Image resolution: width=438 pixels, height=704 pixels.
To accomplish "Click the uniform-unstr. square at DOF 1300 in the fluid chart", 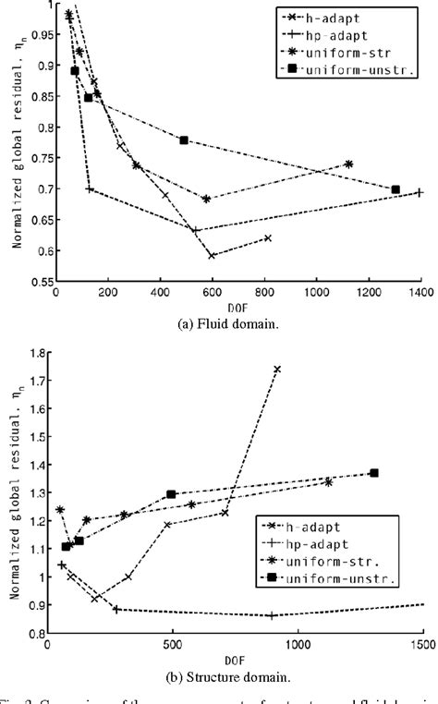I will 395,189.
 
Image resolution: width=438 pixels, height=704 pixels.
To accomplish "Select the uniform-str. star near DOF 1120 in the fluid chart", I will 348,164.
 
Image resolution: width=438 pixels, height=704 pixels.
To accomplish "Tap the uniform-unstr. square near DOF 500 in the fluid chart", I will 184,140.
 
